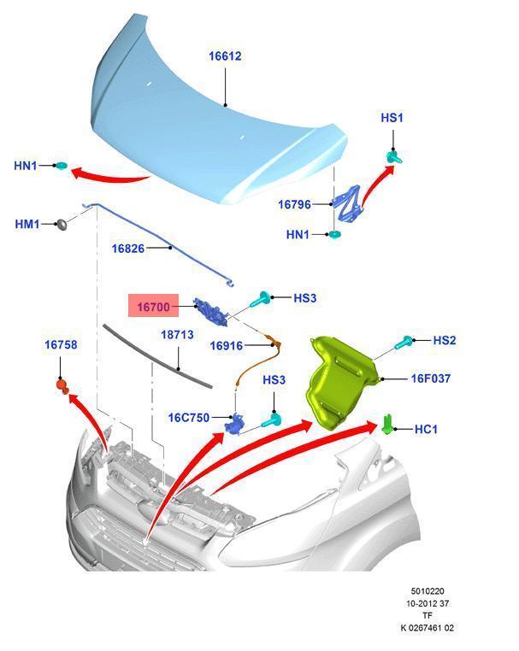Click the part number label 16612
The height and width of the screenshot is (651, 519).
pos(225,56)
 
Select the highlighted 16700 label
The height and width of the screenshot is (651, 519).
pos(155,305)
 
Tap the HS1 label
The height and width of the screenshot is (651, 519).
pos(391,118)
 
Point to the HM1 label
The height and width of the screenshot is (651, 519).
pos(27,224)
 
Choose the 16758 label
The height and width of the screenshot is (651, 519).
pos(61,345)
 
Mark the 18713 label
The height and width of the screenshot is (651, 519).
pos(178,336)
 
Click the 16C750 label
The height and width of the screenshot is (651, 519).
pos(190,418)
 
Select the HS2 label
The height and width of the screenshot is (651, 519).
pos(445,340)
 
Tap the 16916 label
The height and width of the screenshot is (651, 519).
pos(227,346)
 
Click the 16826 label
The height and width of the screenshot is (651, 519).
pos(128,249)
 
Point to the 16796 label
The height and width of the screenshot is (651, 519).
pos(294,204)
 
